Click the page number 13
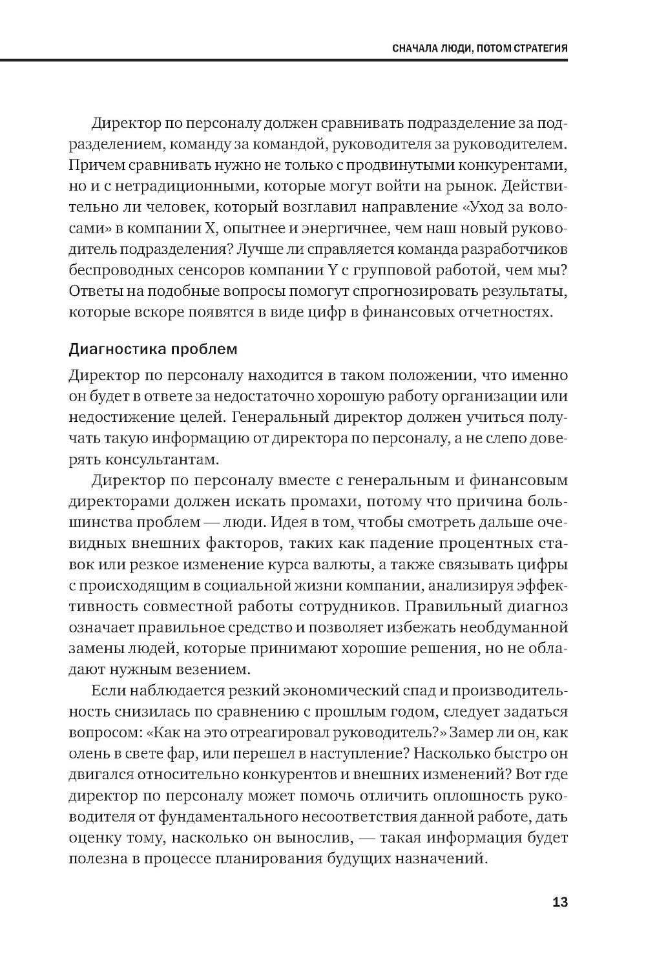click(x=559, y=901)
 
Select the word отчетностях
click(x=506, y=312)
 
